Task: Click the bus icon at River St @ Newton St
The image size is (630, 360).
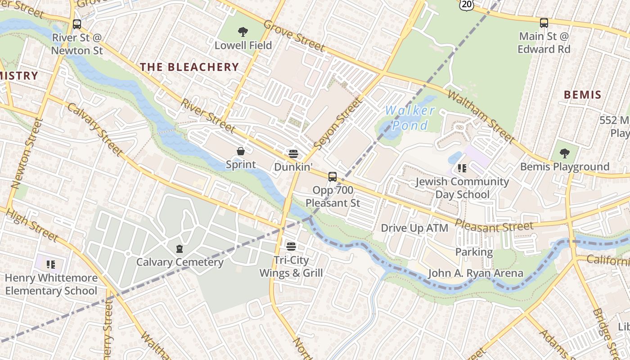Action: coord(77,24)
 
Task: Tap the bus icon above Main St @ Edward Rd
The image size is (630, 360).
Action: coord(544,23)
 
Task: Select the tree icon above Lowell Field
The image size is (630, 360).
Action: coord(243,32)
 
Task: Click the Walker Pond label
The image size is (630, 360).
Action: coord(409,117)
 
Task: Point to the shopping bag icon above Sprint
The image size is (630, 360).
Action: coord(241,151)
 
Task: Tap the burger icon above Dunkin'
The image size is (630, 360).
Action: coord(293,154)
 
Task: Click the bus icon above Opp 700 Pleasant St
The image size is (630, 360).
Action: coord(333,177)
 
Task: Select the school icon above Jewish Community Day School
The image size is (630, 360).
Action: coord(462,168)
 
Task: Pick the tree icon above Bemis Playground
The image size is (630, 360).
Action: coord(564,153)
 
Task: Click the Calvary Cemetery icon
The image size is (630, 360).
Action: coord(180,249)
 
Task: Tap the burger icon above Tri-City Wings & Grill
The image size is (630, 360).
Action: coord(291,247)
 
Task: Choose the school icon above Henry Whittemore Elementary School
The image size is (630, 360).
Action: coord(51,264)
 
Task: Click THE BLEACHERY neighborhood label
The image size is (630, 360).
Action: coord(189,67)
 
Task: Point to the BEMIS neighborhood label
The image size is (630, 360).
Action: coord(582,94)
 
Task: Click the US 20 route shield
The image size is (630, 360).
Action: coord(467,4)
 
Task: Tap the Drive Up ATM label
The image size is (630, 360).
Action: coord(414,228)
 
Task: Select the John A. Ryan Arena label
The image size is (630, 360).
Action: coord(475,273)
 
